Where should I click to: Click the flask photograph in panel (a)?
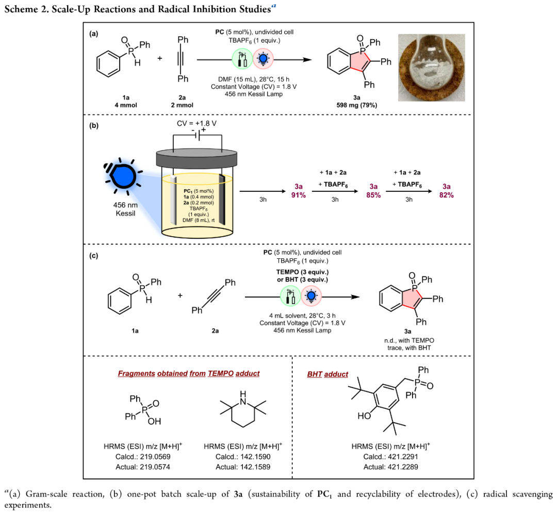pos(431,68)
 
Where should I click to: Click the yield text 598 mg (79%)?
pos(357,105)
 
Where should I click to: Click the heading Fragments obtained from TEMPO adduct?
pos(189,373)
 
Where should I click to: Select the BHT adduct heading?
pos(327,374)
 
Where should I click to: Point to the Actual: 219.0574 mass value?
pos(143,467)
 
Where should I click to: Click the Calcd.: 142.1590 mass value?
pos(243,457)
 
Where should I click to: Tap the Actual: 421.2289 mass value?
pos(391,467)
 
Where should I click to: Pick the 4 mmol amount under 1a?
pos(126,105)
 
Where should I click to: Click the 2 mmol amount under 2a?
pos(182,105)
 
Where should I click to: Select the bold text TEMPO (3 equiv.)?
pos(303,272)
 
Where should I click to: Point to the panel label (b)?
pos(94,125)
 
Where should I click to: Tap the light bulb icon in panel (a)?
pos(263,59)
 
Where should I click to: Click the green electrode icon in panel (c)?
pos(290,297)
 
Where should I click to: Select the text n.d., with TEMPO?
pos(409,340)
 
